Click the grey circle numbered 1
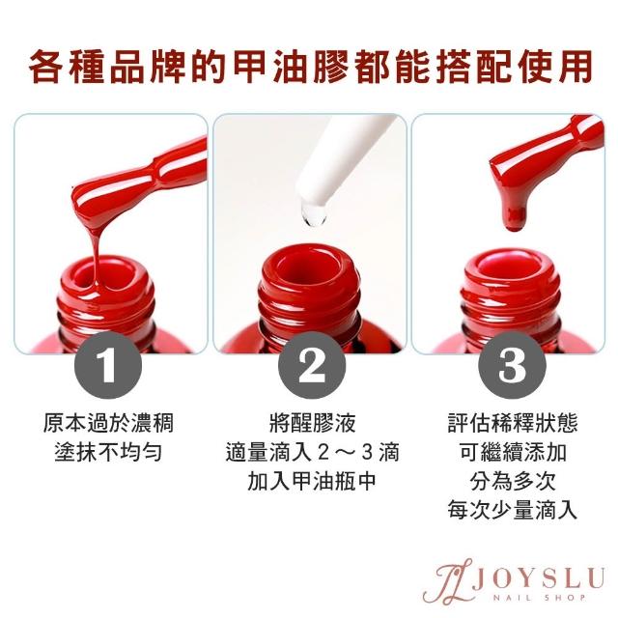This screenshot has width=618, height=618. pos(108,365)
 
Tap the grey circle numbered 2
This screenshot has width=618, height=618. pos(312,365)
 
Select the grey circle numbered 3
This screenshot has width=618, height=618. pos(512,365)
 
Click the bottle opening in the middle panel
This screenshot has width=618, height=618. pos(309,271)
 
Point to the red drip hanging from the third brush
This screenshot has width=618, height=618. pos(515,214)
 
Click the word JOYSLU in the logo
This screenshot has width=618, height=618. pos(539,577)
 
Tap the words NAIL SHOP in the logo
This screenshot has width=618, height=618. pos(539,598)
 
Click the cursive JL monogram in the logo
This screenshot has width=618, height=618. pos(447,580)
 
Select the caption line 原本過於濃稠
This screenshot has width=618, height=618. pos(108,423)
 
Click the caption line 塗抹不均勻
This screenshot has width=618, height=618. pos(108,452)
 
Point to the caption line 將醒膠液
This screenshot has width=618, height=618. pos(312,423)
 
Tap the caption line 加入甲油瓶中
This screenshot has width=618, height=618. pos(312,481)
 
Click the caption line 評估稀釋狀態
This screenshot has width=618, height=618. pos(513,423)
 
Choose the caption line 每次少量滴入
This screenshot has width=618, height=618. pos(513,511)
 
